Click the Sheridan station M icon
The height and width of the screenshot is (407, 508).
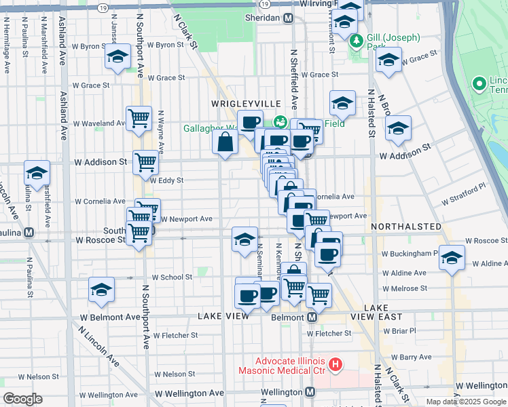tap(289, 18)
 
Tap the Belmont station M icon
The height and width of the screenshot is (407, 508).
tap(312, 317)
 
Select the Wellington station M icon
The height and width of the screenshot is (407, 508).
tap(310, 392)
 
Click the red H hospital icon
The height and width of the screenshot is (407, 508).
tap(335, 366)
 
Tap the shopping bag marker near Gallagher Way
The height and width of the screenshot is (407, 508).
tap(225, 142)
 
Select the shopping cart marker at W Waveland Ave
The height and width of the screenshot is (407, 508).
tap(139, 118)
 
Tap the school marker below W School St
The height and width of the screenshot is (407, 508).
tap(101, 290)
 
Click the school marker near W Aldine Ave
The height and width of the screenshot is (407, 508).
tap(452, 258)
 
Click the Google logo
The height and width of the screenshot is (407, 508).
tap(22, 399)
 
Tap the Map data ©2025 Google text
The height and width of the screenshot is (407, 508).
tap(466, 402)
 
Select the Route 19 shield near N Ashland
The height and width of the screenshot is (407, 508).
tap(103, 7)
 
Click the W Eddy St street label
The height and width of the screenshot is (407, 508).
tap(166, 180)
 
